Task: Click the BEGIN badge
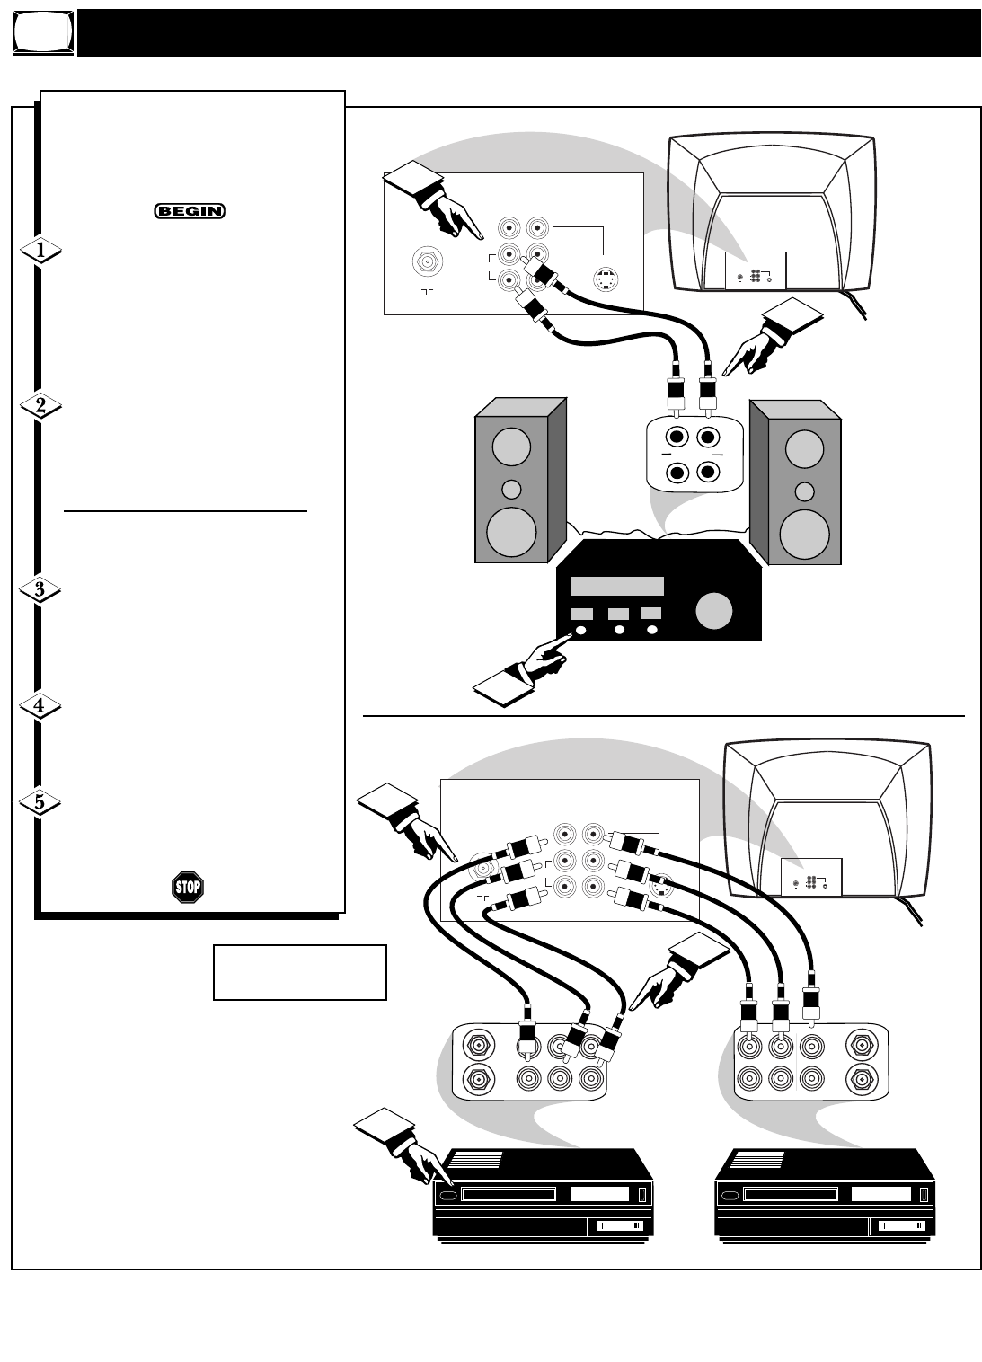pos(189,211)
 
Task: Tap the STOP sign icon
pos(187,887)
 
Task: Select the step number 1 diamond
pos(40,251)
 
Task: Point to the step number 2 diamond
pos(40,405)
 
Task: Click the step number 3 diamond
pos(40,589)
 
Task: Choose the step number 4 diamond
pos(40,706)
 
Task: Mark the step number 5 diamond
pos(40,802)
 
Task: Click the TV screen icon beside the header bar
pos(44,31)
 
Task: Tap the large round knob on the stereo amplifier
pos(714,611)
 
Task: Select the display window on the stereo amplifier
pos(617,586)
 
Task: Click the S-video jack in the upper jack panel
pos(606,279)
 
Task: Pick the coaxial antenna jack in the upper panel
pos(428,262)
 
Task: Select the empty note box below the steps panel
pos(300,972)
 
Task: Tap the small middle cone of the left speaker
pos(511,489)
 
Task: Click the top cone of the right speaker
pos(804,448)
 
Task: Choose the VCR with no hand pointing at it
pos(825,1196)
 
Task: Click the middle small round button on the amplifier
pos(619,630)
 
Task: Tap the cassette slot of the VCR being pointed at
pos(509,1195)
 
